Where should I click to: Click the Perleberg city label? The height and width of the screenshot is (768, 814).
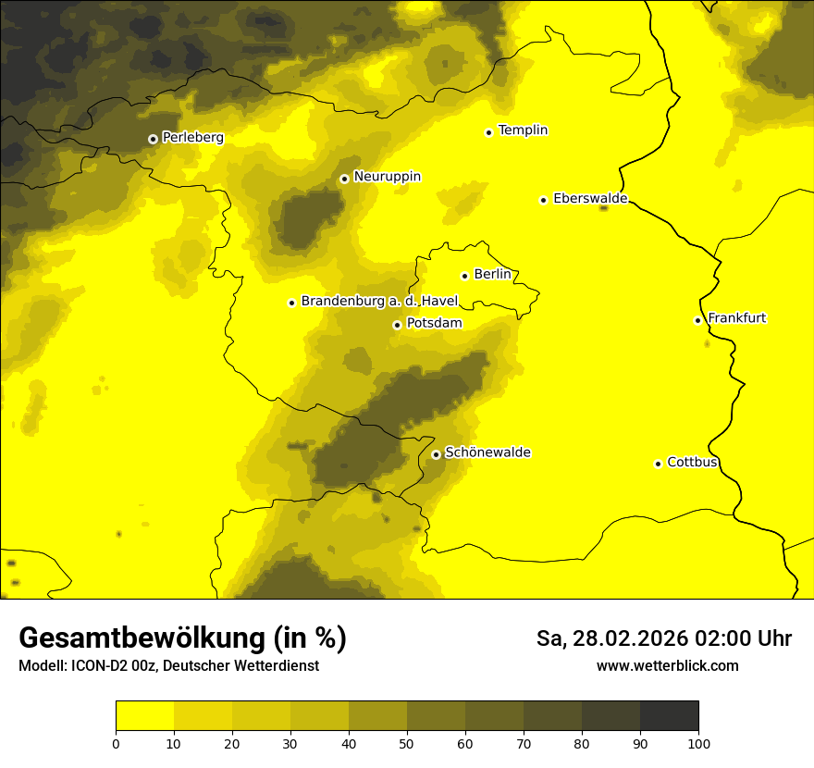(x=192, y=138)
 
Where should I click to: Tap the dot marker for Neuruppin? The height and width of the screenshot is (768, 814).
(x=344, y=179)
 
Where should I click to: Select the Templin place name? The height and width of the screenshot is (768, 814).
(x=523, y=130)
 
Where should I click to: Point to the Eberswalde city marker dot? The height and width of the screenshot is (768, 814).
(x=544, y=200)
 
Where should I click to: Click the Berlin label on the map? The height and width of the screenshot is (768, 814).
(x=492, y=275)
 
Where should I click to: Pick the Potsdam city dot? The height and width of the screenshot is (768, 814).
(x=397, y=325)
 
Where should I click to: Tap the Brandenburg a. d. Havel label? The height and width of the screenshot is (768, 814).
(x=379, y=302)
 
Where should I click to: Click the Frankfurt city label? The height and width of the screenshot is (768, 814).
(x=736, y=318)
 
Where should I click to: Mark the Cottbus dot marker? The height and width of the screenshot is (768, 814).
(x=658, y=464)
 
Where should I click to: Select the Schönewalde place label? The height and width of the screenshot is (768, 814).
(x=487, y=452)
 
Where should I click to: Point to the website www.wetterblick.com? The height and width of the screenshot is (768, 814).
(x=667, y=665)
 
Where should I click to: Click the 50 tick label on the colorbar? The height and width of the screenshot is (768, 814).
(x=407, y=743)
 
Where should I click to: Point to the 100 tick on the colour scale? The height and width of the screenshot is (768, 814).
(x=698, y=743)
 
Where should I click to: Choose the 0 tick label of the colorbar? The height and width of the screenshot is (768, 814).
(x=116, y=743)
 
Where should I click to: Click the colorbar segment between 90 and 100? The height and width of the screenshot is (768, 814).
(x=669, y=716)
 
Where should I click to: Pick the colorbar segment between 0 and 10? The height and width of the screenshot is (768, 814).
(x=144, y=716)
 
